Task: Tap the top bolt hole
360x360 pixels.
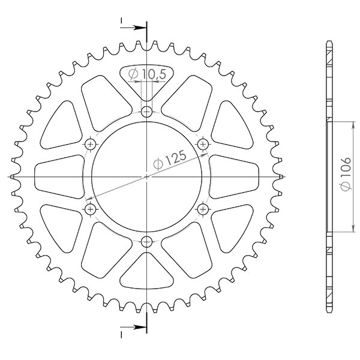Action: pyautogui.click(x=147, y=111)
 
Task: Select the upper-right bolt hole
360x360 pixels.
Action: pyautogui.click(x=203, y=144)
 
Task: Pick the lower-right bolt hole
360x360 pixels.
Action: pyautogui.click(x=203, y=209)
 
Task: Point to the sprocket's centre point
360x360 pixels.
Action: pyautogui.click(x=147, y=176)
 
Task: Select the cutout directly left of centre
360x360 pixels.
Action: pyautogui.click(x=58, y=176)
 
